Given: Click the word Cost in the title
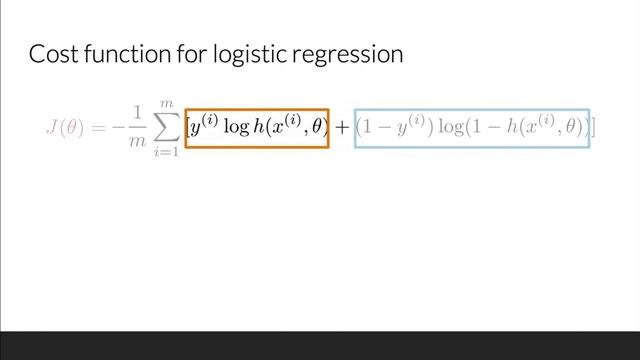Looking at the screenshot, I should coord(50,54).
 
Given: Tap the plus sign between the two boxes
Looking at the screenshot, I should coord(342,129).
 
